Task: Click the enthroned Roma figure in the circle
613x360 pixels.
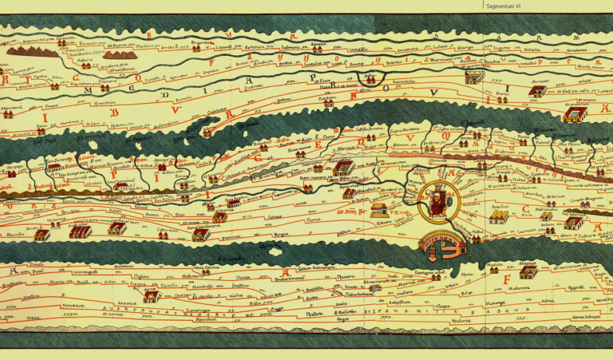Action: (435, 200)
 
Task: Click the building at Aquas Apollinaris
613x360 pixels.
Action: (200, 234)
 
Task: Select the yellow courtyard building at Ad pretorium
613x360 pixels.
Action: (574, 115)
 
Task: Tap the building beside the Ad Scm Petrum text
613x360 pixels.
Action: (380, 211)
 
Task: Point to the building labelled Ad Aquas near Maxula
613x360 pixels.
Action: (528, 271)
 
